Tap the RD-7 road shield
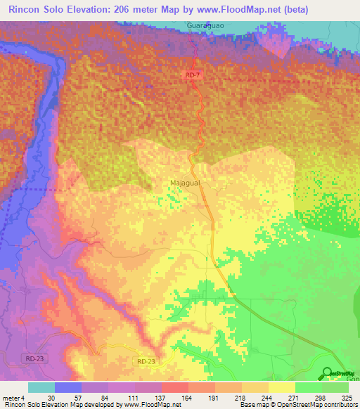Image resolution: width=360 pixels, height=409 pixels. click(193, 73)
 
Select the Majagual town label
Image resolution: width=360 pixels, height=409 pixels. click(184, 183)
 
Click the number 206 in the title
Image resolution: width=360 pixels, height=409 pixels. click(119, 10)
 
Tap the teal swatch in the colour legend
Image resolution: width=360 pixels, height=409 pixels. click(41, 387)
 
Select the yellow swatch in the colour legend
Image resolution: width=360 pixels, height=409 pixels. click(281, 387)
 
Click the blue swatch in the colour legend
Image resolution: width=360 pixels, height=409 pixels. click(67, 387)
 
